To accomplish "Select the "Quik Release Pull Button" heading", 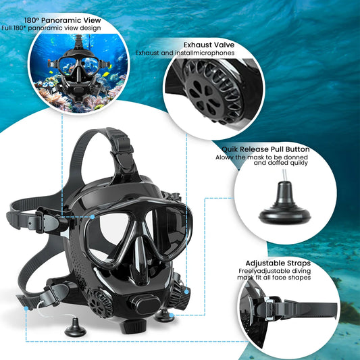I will tap(265, 149).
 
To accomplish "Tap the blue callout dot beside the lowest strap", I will tap(27, 307).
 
